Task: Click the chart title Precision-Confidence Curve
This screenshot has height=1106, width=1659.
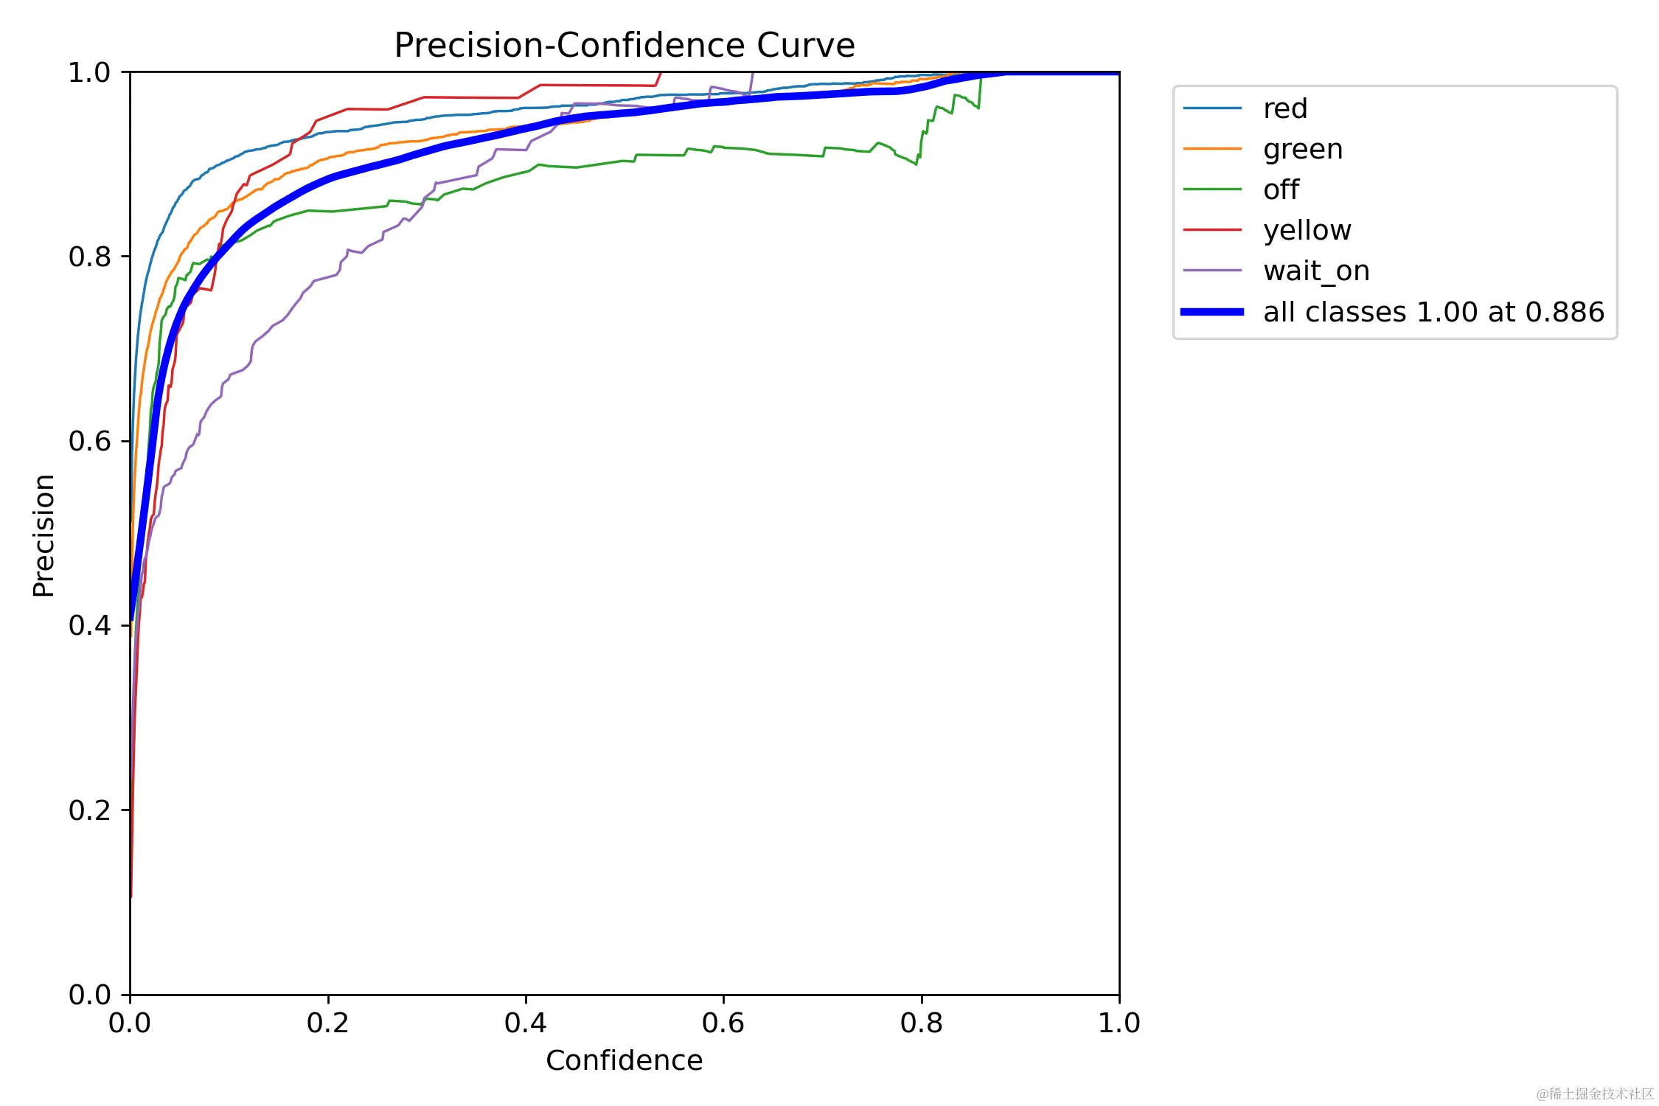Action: click(x=624, y=46)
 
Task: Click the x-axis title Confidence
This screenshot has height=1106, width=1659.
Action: click(x=624, y=1060)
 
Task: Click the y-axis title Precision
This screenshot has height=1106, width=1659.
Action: click(x=44, y=535)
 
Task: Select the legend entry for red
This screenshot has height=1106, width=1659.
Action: click(x=1284, y=109)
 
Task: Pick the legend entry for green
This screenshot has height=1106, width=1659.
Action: click(x=1302, y=150)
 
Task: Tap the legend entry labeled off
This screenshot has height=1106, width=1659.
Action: click(x=1281, y=190)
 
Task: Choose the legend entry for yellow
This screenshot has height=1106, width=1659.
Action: click(x=1307, y=231)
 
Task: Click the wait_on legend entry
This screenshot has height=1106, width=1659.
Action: click(x=1316, y=271)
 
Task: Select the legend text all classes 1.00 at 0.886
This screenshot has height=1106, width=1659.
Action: click(x=1433, y=313)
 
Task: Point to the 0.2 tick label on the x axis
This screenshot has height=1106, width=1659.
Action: click(x=327, y=1023)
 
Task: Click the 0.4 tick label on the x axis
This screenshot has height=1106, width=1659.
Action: click(x=525, y=1023)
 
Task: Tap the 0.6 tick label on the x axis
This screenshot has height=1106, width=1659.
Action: click(x=723, y=1023)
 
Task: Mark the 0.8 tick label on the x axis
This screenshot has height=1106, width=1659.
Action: click(x=921, y=1023)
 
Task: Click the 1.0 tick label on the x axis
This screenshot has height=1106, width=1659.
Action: click(x=1119, y=1023)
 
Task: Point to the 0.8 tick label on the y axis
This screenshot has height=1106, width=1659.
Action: click(x=89, y=257)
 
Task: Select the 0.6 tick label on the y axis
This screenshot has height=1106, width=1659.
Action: click(x=89, y=442)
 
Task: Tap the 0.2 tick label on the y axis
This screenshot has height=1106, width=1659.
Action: click(x=89, y=810)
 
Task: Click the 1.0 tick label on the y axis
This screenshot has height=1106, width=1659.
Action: click(x=89, y=73)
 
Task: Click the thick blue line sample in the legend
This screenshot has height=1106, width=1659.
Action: click(x=1212, y=312)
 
